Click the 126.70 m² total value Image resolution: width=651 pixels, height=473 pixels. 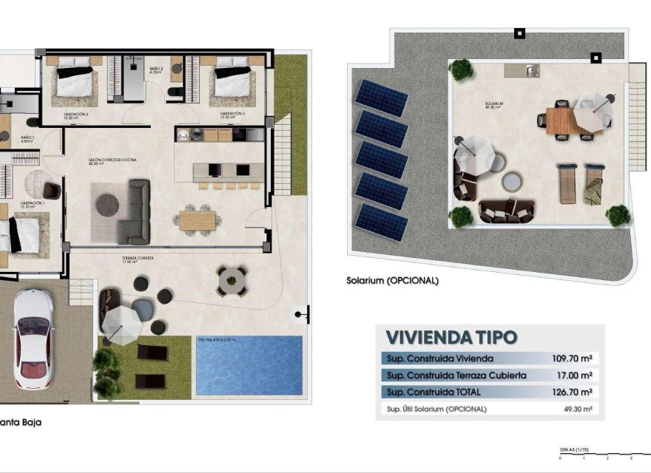574,392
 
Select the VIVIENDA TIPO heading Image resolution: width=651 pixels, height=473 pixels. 451,338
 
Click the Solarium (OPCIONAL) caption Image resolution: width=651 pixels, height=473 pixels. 392,281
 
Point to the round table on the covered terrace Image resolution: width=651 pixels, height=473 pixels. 230,280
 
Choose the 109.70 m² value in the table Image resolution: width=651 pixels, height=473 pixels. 574,358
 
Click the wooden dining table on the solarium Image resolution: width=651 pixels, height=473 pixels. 561,119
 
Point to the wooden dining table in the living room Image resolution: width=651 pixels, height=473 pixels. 198,220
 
